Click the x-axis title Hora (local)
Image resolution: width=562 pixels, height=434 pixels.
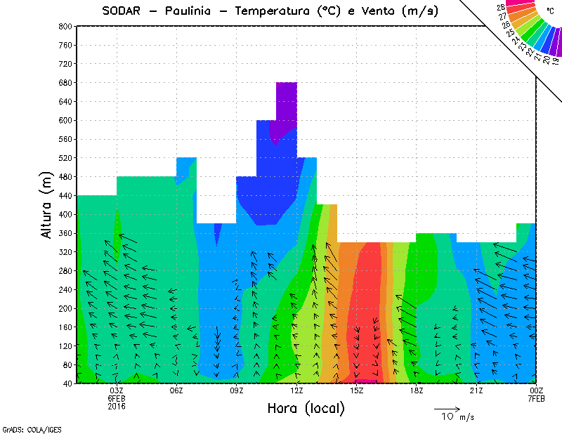pyautogui.click(x=306, y=408)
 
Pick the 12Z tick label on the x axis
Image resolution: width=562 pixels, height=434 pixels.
pyautogui.click(x=296, y=390)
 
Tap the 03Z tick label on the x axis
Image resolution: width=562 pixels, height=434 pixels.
pyautogui.click(x=117, y=390)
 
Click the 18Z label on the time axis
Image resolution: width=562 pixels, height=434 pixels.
pyautogui.click(x=417, y=390)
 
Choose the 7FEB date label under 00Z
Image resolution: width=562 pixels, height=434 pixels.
pyautogui.click(x=537, y=398)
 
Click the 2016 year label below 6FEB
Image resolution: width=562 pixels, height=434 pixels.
pyautogui.click(x=117, y=406)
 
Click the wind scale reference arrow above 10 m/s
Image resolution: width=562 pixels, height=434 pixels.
pyautogui.click(x=447, y=408)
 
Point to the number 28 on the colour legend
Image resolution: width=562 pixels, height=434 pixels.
pyautogui.click(x=501, y=7)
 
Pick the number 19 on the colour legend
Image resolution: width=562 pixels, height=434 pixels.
pyautogui.click(x=555, y=62)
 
